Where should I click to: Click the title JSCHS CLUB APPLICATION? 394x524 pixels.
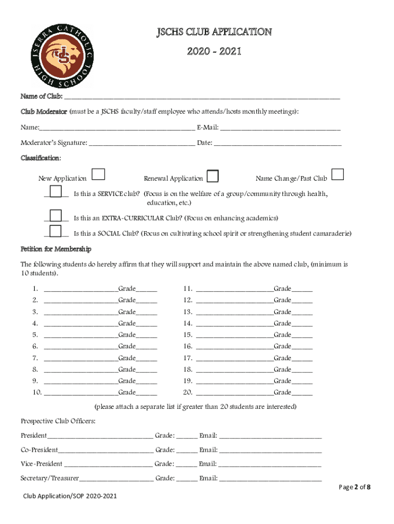tap(214, 32)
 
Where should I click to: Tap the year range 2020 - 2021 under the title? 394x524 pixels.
tap(214, 52)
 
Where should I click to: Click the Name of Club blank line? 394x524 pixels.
tap(202, 96)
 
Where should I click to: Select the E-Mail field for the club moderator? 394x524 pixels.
tap(280, 127)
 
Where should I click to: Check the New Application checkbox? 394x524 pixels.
tap(99, 175)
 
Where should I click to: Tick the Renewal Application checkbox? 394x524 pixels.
tap(212, 177)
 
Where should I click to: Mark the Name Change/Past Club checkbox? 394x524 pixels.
tap(337, 175)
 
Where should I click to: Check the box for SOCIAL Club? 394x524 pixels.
tap(56, 232)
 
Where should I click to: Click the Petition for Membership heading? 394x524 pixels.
tap(56, 249)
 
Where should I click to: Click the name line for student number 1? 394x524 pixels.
tap(81, 289)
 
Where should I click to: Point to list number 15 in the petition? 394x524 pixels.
tap(187, 335)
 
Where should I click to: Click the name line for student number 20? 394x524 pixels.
tap(234, 393)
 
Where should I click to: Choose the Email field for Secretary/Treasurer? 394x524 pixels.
tap(270, 478)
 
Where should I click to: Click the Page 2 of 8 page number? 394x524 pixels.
tap(355, 487)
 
